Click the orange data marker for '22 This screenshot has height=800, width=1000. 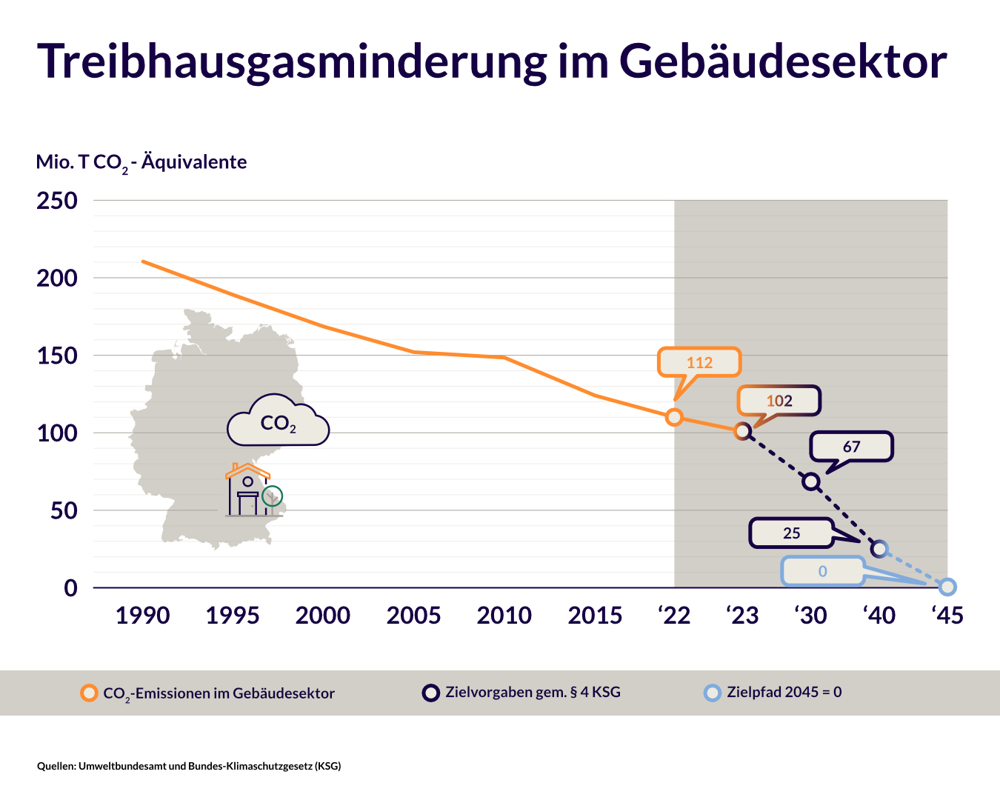point(674,417)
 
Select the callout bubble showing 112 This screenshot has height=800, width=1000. point(699,362)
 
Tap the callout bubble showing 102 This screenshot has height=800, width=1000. point(779,401)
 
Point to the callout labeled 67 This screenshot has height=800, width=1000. point(851,447)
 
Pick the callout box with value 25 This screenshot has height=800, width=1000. point(791,533)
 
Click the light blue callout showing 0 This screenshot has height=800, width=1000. point(822,571)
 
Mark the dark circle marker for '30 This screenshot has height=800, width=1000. point(811,481)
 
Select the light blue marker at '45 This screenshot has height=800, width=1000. point(947,587)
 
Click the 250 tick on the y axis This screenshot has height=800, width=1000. point(57,201)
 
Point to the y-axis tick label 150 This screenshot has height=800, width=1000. point(57,356)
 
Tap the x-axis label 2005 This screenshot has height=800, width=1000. point(413,616)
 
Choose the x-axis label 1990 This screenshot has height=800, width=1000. point(142,616)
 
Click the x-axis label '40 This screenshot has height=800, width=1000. point(879,616)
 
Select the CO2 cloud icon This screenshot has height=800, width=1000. point(278,422)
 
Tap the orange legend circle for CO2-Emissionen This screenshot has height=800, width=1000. point(90,693)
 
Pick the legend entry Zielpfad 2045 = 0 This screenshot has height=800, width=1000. point(784,693)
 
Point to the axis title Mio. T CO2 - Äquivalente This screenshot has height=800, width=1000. point(141,162)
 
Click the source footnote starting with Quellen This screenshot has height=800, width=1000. point(189,766)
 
